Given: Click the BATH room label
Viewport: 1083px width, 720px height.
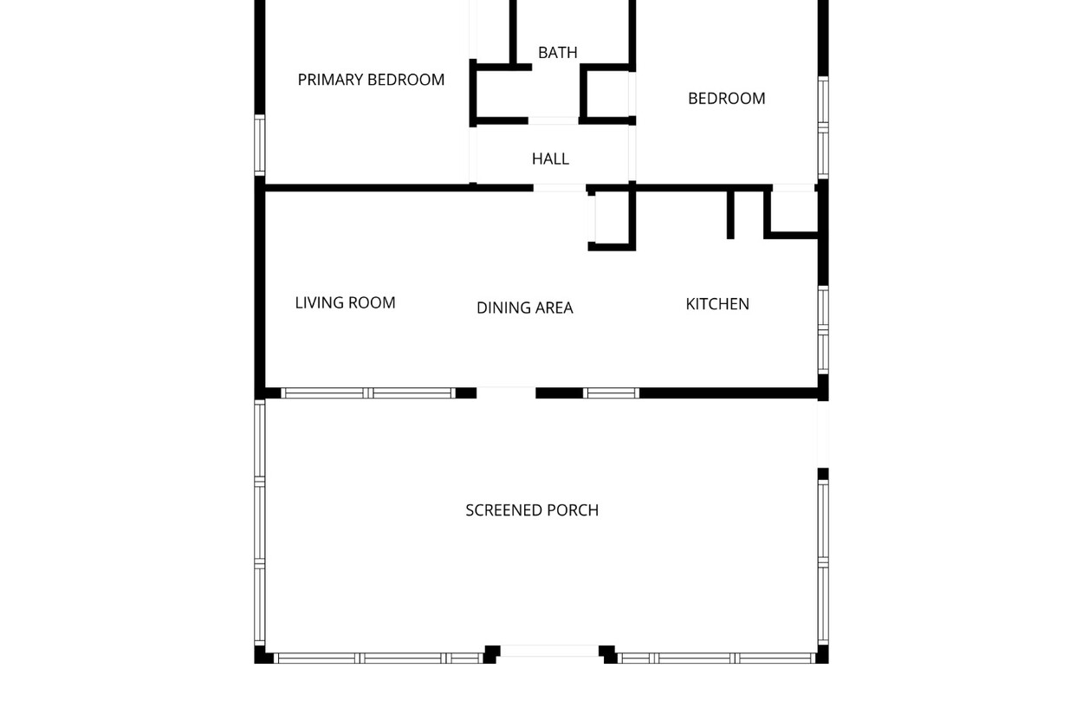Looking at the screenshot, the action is [x=557, y=52].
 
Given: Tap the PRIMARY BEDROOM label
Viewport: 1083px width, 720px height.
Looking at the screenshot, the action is [x=371, y=80].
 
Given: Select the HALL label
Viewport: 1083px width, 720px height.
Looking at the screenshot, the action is [x=550, y=159].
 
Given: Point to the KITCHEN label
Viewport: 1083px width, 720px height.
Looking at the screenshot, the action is [x=717, y=304].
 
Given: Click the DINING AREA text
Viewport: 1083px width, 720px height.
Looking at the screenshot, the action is [x=524, y=308].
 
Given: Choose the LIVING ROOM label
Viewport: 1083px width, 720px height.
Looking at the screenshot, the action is [x=345, y=302].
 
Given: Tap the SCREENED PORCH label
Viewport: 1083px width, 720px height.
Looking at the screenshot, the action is [x=532, y=510].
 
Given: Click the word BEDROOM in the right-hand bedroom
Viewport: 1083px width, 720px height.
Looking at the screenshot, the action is [x=727, y=99].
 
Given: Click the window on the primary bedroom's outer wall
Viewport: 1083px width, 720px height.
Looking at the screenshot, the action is [x=260, y=145].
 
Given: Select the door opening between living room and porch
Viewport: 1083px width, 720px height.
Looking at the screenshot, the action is [x=506, y=392].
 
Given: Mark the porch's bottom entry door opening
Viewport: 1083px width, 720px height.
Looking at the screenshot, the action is [x=549, y=651].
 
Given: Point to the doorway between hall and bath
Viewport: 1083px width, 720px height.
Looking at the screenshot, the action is [x=553, y=121].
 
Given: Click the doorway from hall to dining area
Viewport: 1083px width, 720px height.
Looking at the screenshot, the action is [x=560, y=188].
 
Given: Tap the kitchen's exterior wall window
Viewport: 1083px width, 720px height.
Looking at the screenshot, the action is [x=823, y=330].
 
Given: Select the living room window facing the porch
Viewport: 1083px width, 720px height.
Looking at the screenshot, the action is [x=368, y=393].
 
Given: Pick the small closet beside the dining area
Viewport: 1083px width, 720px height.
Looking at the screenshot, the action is [x=612, y=217].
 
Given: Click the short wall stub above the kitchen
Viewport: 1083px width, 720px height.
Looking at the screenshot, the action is [x=730, y=215].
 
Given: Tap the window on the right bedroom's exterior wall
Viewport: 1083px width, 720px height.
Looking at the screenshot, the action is [x=823, y=127].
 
